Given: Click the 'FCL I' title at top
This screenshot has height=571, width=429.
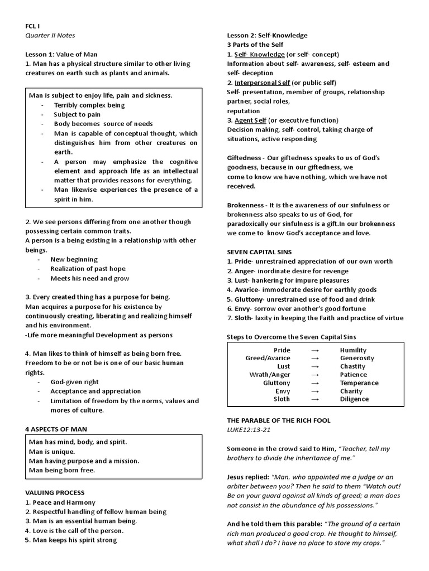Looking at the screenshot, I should pyautogui.click(x=33, y=26).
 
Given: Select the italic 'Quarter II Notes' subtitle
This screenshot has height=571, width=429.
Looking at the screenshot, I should pyautogui.click(x=50, y=35).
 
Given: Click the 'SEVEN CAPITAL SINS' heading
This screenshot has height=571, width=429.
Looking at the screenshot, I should pyautogui.click(x=259, y=252).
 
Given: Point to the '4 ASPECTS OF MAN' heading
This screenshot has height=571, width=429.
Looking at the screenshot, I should pyautogui.click(x=56, y=429).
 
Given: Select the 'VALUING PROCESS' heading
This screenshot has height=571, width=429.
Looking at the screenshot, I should pyautogui.click(x=55, y=493).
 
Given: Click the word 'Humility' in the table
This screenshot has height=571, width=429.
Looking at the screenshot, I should pyautogui.click(x=353, y=350).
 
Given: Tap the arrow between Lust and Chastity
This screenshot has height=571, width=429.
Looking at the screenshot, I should pyautogui.click(x=315, y=366).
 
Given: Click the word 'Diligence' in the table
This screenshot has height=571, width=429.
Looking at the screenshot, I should pyautogui.click(x=354, y=399).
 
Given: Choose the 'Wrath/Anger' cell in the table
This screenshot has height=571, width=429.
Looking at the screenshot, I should pyautogui.click(x=270, y=375).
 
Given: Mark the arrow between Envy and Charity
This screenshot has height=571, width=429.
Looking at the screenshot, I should pyautogui.click(x=315, y=391).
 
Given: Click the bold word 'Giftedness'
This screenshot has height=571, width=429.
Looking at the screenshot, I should pyautogui.click(x=244, y=158).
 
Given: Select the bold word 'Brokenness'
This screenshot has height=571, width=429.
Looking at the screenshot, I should pyautogui.click(x=245, y=205).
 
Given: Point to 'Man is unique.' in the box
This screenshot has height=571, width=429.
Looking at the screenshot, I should pyautogui.click(x=53, y=451).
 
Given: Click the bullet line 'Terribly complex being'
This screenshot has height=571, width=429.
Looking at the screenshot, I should pyautogui.click(x=89, y=105).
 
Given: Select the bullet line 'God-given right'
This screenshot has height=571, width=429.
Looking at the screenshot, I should pyautogui.click(x=74, y=382).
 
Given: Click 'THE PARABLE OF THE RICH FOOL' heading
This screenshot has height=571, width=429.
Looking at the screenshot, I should pyautogui.click(x=279, y=420).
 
